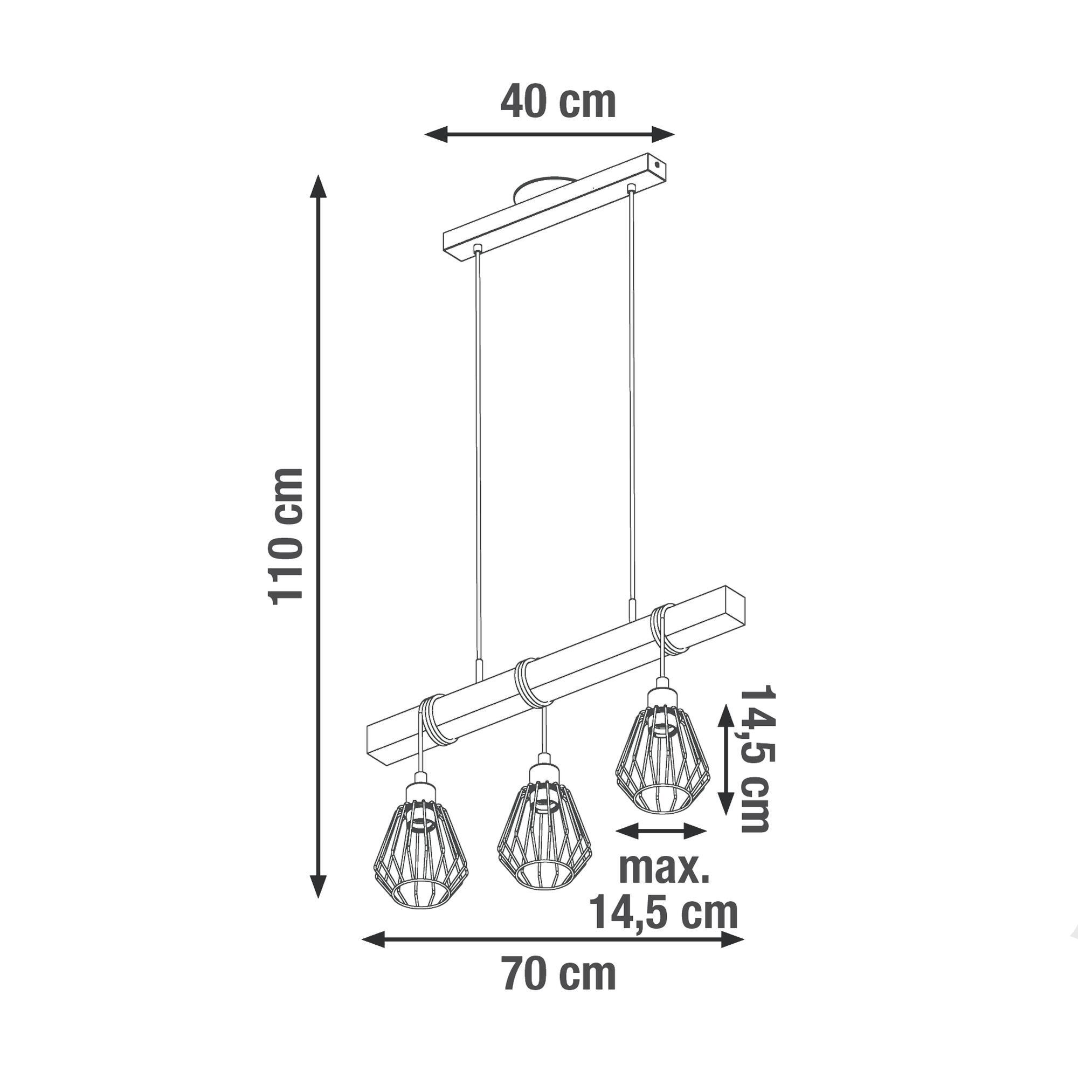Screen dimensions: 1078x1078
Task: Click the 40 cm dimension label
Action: pyautogui.click(x=557, y=102)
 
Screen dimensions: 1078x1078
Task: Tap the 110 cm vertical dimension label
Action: pyautogui.click(x=286, y=537)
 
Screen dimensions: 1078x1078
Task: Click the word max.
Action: pyautogui.click(x=664, y=883)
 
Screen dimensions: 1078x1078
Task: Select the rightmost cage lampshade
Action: pyautogui.click(x=662, y=764)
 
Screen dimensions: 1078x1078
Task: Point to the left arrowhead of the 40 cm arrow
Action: pyautogui.click(x=436, y=134)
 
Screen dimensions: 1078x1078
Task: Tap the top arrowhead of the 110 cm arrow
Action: pyautogui.click(x=318, y=187)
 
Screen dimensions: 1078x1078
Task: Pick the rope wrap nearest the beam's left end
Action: pyautogui.click(x=438, y=720)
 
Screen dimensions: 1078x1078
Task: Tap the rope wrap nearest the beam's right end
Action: pyautogui.click(x=667, y=629)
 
